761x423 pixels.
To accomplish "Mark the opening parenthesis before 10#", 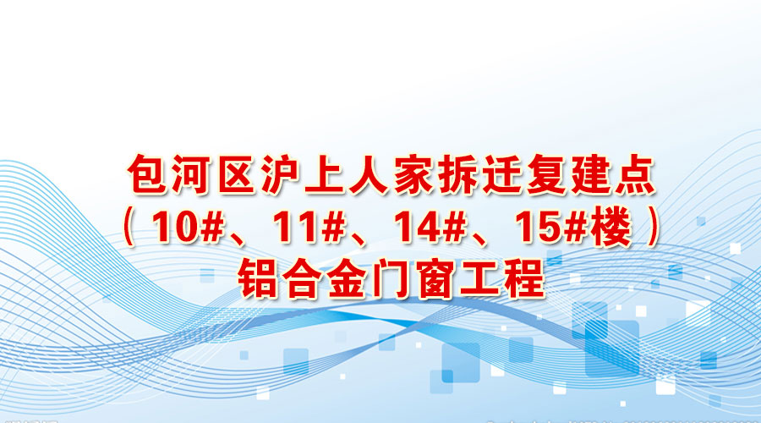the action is (129, 228).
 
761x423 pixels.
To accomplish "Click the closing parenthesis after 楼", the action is (654, 228).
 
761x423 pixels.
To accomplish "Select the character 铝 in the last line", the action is (257, 278).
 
